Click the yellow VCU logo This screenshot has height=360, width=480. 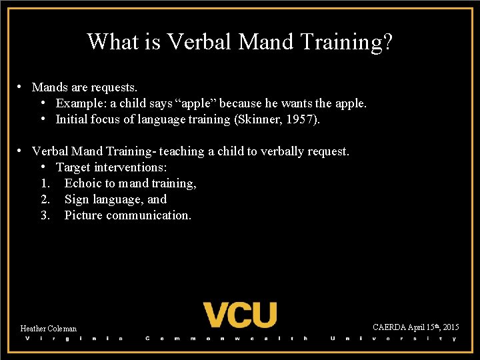239,315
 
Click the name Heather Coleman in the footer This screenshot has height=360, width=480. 49,329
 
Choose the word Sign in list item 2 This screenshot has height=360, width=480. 76,199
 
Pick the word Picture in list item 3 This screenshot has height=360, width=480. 83,215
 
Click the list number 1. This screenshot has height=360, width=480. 45,183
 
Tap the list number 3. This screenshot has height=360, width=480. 45,215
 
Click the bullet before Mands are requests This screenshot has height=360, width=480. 21,87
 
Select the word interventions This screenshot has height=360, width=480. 131,167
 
